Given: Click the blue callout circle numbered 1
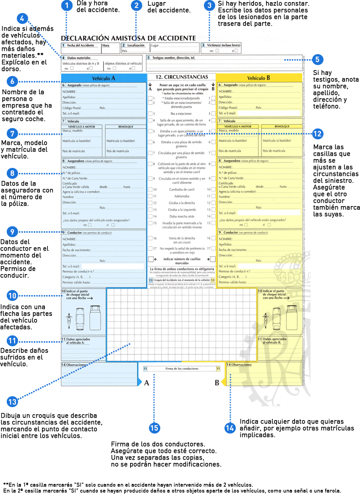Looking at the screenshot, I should point(67,5).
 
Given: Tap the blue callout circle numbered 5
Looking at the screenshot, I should point(317,60).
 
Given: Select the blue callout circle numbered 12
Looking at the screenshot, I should point(318,134).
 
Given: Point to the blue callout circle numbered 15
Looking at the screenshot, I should point(154,428).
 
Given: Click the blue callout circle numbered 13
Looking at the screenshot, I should point(13,402).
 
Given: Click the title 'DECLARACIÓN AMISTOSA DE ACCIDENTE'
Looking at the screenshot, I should point(128,38).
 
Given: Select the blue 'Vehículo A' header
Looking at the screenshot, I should point(104,78).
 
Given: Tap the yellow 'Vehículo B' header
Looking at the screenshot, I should point(258,78).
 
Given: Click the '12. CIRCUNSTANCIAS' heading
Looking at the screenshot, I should point(181,77).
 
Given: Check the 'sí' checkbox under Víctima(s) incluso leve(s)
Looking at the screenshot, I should point(236,51).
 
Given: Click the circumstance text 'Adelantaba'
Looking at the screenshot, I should point(181,196).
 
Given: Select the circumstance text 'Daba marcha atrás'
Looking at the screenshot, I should point(181,216).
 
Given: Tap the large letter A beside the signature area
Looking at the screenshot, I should point(146,383).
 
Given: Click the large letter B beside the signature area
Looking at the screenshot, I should point(217,383).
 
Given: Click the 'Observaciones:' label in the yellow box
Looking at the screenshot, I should point(240,365).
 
